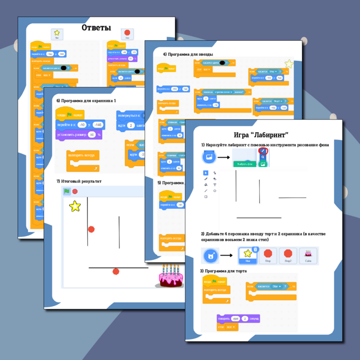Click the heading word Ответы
tap(96, 28)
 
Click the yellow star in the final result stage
tap(75, 205)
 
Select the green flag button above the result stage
tap(67, 191)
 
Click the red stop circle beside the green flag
tap(75, 191)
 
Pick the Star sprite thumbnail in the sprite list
tap(248, 255)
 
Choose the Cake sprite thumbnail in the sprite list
tap(308, 255)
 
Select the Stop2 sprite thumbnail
tap(288, 255)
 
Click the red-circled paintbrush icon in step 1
tap(263, 151)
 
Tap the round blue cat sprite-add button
tap(211, 256)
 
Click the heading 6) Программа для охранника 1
tap(86, 100)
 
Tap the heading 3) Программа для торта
tap(222, 271)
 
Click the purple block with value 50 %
tap(79, 134)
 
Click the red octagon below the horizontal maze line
tap(116, 271)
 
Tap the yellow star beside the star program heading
tap(289, 64)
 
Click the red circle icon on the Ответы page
tap(127, 34)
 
